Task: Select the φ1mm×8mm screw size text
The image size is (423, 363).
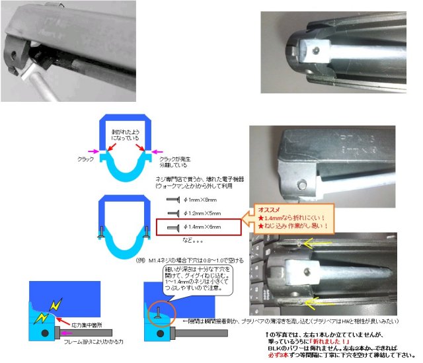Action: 203,199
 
